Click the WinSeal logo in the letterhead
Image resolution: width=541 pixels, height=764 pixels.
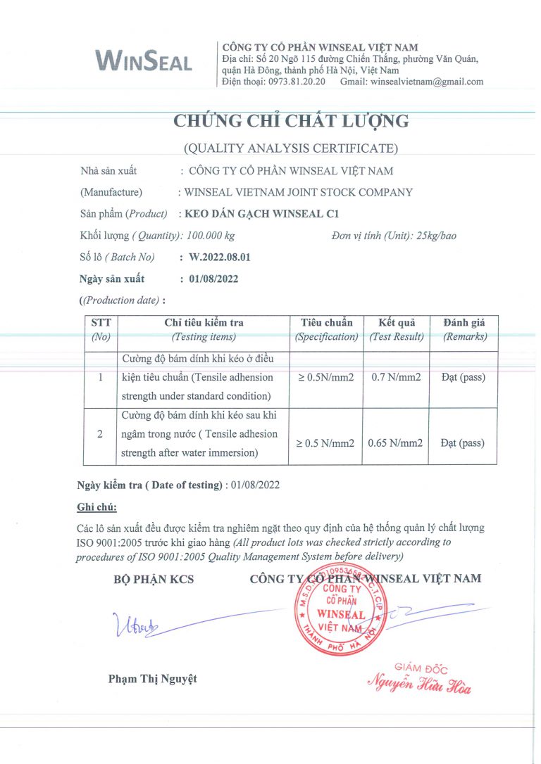(x=144, y=61)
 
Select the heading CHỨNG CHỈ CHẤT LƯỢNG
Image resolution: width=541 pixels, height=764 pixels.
(x=291, y=121)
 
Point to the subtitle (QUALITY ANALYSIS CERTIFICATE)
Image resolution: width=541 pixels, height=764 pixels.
(x=291, y=148)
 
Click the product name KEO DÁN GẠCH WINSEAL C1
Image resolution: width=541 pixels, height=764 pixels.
(x=264, y=214)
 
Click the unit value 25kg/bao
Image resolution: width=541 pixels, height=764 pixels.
(x=437, y=236)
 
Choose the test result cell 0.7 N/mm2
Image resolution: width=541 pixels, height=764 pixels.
(x=396, y=377)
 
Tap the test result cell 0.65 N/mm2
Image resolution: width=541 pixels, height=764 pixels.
(x=397, y=443)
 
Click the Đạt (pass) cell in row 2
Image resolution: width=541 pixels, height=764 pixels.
(x=463, y=443)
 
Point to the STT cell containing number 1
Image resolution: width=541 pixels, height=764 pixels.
(x=101, y=377)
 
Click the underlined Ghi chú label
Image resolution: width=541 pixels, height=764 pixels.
(x=97, y=507)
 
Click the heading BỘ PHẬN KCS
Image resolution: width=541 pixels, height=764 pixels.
(x=153, y=580)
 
